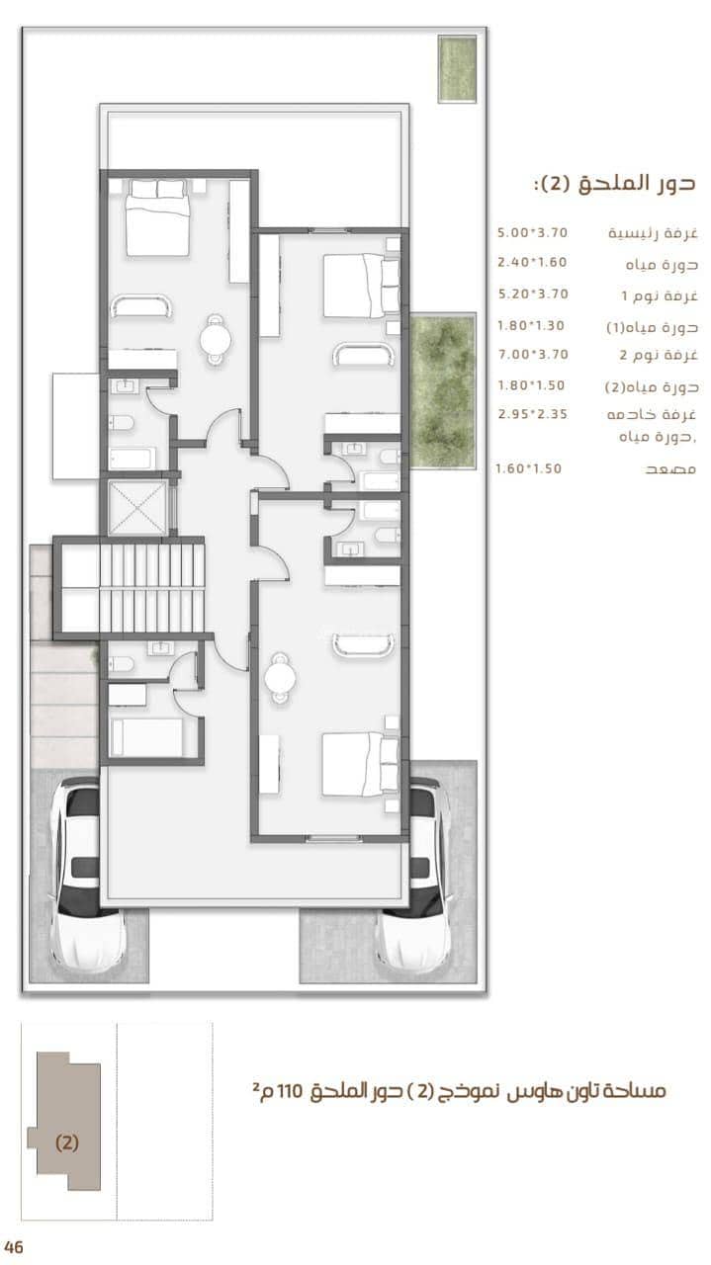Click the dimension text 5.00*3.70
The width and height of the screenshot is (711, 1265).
pos(532,232)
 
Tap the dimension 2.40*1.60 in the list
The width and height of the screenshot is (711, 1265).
pos(532,262)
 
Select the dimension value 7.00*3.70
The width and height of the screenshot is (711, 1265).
pos(532,354)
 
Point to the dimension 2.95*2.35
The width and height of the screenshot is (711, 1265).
pos(532,414)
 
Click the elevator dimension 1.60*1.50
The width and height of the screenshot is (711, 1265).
pos(528,468)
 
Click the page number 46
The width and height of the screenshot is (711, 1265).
pos(13,1246)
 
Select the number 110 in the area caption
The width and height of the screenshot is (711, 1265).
pos(290,1090)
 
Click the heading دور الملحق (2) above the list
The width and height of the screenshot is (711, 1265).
pos(614,184)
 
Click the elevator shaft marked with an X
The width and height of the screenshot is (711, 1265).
pos(137,508)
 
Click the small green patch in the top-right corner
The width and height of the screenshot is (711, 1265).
pos(457,69)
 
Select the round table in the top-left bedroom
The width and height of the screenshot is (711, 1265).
pos(216,339)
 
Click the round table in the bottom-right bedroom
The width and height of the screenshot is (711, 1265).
pos(280,677)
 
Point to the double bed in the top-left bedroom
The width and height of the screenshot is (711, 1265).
pos(157,218)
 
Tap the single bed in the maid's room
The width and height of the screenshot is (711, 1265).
pos(146,737)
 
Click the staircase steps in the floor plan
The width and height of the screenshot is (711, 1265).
pos(151,588)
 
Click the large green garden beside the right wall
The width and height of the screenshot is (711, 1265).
pos(443,391)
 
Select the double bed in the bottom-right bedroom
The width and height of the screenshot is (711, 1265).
pos(361,765)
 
